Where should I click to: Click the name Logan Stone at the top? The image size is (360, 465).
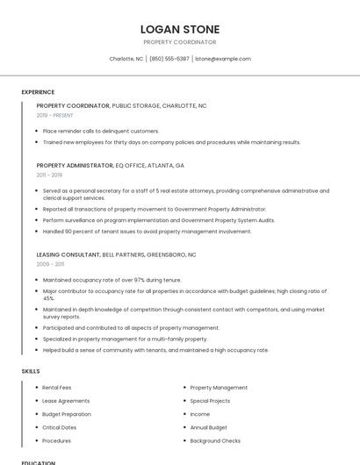coord(179,29)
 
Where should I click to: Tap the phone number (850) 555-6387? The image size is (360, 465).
coord(169,59)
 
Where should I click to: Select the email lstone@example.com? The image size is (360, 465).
coord(222,59)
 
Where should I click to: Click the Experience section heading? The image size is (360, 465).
coord(38,92)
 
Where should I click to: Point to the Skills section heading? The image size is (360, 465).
coord(30,371)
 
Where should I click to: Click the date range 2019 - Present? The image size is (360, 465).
coord(55,115)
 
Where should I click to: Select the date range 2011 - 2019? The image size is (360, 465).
coord(50,175)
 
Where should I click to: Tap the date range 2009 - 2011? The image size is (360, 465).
coord(50,264)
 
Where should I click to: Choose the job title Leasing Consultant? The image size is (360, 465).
coord(68,254)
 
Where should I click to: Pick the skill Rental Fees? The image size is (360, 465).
coord(57,387)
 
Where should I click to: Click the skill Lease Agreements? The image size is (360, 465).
coord(66,400)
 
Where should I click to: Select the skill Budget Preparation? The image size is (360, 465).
coord(67,414)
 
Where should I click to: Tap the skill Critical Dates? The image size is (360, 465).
coord(60,427)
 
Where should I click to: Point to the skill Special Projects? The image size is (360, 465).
coord(210,400)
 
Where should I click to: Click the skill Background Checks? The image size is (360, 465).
coord(215,440)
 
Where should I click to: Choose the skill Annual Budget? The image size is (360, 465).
coord(209,427)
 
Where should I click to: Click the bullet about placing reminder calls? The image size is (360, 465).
coord(101,131)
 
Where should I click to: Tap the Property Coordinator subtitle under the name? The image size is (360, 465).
coord(179,42)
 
